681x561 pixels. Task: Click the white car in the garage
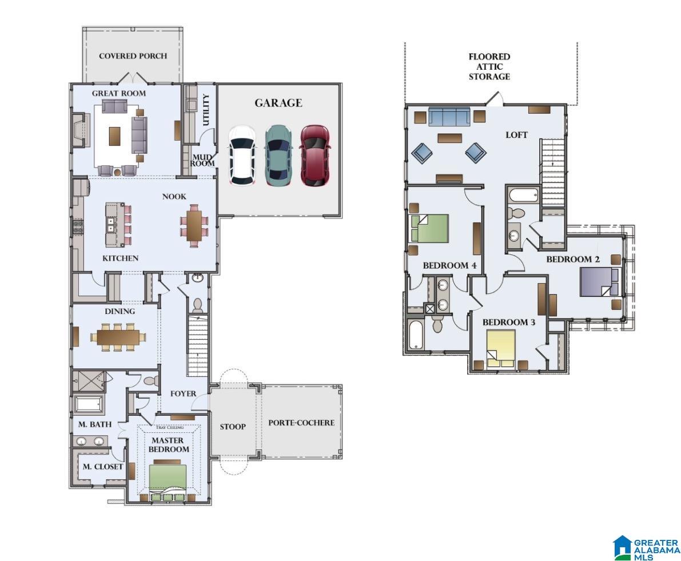242,156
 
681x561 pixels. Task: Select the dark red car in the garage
315,156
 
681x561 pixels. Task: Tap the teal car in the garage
278,156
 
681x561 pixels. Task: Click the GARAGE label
278,103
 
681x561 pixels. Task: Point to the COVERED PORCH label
133,56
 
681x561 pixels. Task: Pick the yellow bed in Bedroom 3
501,349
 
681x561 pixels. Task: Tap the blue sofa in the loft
449,116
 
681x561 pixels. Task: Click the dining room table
118,337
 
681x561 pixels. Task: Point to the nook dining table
194,225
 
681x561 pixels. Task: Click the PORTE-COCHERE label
301,423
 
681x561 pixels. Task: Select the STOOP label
233,427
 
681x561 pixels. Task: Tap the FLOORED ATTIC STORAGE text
489,66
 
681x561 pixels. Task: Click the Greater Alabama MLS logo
646,547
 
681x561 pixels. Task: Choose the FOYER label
184,394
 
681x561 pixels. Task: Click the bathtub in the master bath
89,405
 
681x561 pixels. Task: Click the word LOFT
517,135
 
